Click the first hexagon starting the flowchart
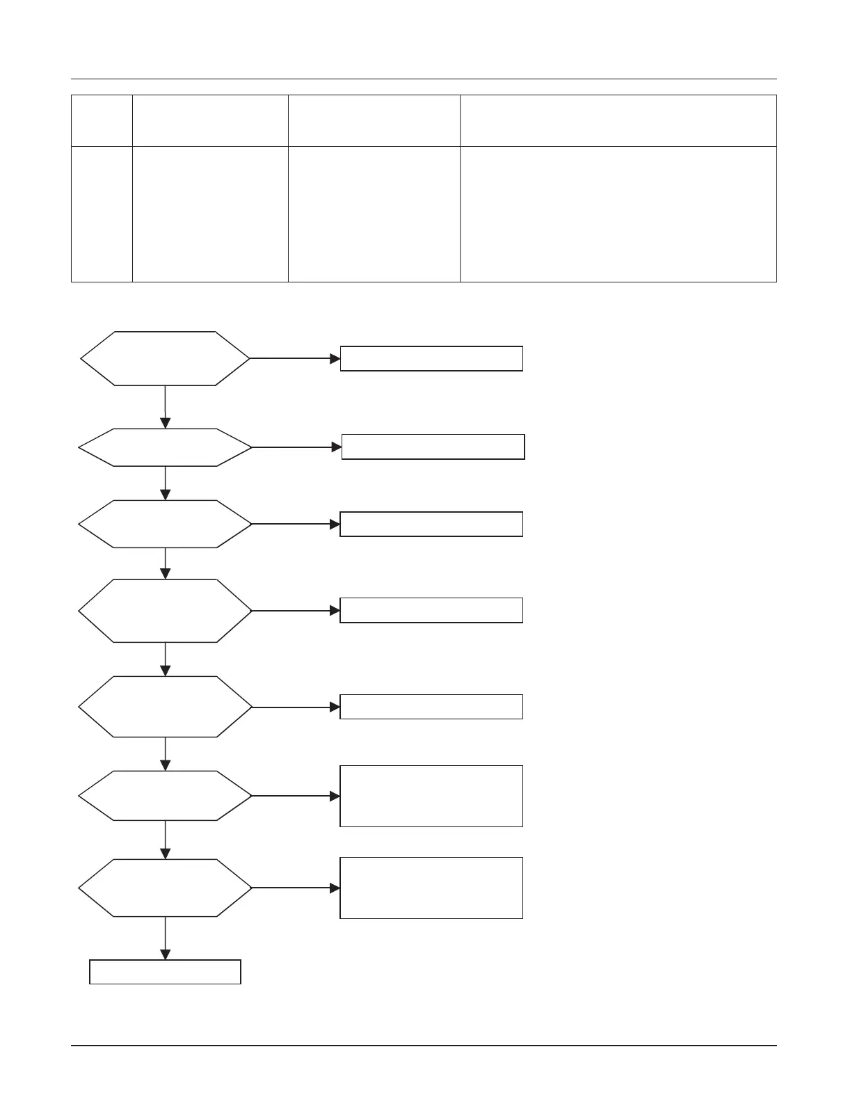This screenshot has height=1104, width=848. click(x=165, y=358)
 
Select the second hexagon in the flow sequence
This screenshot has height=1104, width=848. click(x=165, y=447)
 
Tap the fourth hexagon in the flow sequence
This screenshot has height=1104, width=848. click(x=165, y=611)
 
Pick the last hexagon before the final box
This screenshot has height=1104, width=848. click(x=165, y=888)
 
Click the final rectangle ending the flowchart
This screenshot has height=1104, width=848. click(x=165, y=972)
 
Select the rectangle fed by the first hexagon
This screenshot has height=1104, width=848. click(x=431, y=358)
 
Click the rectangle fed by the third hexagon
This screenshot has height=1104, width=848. click(x=431, y=524)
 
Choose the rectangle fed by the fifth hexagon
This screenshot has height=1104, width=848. click(x=431, y=706)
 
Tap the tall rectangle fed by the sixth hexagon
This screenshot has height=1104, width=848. click(x=431, y=796)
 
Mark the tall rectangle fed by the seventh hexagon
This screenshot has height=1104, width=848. click(x=431, y=888)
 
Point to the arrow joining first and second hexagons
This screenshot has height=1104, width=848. click(x=166, y=407)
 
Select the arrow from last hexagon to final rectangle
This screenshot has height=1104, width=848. click(x=166, y=938)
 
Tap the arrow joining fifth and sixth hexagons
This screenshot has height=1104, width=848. click(x=166, y=754)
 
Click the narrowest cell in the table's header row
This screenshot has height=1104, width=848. click(x=102, y=120)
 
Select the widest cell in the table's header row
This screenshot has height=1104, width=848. click(x=618, y=120)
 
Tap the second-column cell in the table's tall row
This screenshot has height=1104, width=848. click(x=210, y=214)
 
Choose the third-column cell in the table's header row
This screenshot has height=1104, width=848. click(x=374, y=120)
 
